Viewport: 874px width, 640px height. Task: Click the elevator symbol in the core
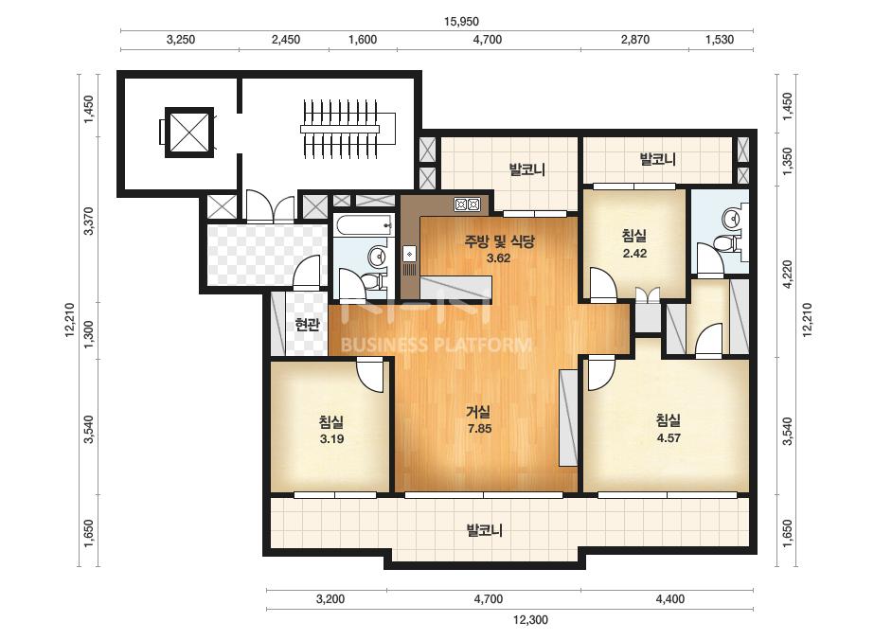pos(189,133)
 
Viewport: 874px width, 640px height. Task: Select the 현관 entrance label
pos(307,325)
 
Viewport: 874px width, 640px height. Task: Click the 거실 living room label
pos(478,412)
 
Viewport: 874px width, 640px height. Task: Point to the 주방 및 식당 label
pos(499,241)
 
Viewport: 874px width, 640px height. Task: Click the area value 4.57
pos(669,438)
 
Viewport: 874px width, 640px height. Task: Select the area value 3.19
pos(331,438)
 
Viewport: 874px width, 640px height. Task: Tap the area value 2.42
pos(634,253)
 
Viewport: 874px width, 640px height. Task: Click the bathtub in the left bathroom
pos(365,224)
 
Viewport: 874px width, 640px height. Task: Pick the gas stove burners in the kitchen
pos(467,204)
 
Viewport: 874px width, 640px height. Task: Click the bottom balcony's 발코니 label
pos(485,529)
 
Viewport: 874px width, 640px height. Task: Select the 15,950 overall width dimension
pos(461,22)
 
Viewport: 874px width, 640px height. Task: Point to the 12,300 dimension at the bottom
pos(530,619)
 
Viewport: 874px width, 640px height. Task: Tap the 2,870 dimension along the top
pos(634,40)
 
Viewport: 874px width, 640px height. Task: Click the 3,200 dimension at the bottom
pos(330,599)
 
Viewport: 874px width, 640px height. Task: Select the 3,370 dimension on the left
pos(88,221)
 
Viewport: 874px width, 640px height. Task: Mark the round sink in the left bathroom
pos(379,257)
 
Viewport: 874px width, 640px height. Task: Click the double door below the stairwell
pos(270,206)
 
